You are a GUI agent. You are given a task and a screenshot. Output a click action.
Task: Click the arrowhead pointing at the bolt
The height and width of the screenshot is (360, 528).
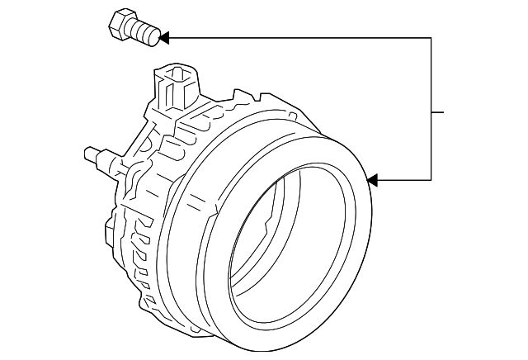pyautogui.click(x=163, y=37)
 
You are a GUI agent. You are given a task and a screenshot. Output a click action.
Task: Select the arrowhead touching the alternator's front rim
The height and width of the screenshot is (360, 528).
pyautogui.click(x=371, y=179)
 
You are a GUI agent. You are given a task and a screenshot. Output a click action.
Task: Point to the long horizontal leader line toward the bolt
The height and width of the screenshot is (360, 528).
pyautogui.click(x=297, y=37)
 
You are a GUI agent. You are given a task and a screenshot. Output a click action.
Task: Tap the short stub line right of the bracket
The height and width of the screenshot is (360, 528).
pyautogui.click(x=437, y=111)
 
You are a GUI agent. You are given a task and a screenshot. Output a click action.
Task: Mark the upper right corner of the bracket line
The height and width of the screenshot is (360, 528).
pyautogui.click(x=431, y=37)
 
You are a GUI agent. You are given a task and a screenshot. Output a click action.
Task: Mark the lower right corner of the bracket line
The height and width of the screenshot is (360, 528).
pyautogui.click(x=431, y=179)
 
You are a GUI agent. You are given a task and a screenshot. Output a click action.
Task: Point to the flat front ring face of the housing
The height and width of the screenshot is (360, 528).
pyautogui.click(x=346, y=272)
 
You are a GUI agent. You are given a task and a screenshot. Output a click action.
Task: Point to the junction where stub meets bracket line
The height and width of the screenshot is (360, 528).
pyautogui.click(x=431, y=111)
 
